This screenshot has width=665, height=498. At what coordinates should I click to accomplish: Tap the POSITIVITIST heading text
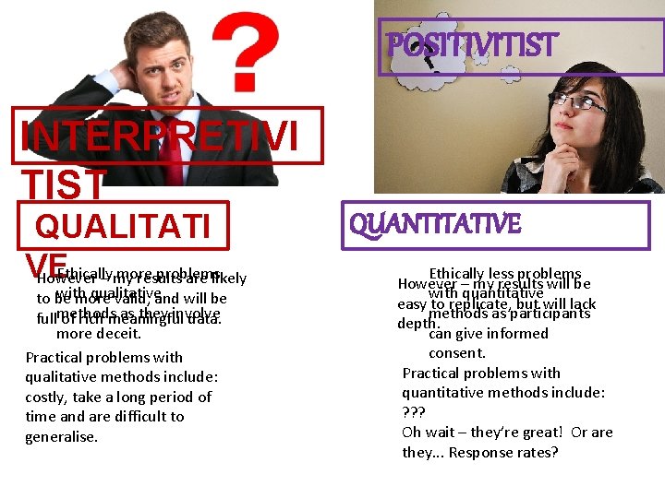[x=472, y=44]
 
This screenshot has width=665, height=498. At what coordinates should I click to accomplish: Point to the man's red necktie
[x=172, y=153]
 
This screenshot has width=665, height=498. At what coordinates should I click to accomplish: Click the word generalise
[x=61, y=436]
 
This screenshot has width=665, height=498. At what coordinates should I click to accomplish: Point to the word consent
[x=456, y=352]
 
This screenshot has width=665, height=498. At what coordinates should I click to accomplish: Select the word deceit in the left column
[x=119, y=333]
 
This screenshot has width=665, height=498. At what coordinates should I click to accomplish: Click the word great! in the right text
[x=535, y=432]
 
